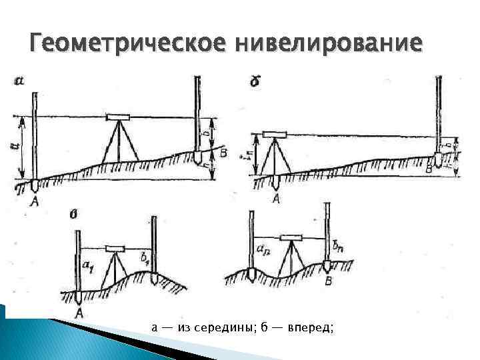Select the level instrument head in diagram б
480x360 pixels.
(x=273, y=133)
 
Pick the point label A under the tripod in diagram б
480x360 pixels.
(x=276, y=198)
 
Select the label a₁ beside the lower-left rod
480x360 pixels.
(x=88, y=266)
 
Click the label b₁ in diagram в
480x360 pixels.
(x=144, y=255)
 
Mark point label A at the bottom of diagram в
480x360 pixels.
(x=79, y=312)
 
